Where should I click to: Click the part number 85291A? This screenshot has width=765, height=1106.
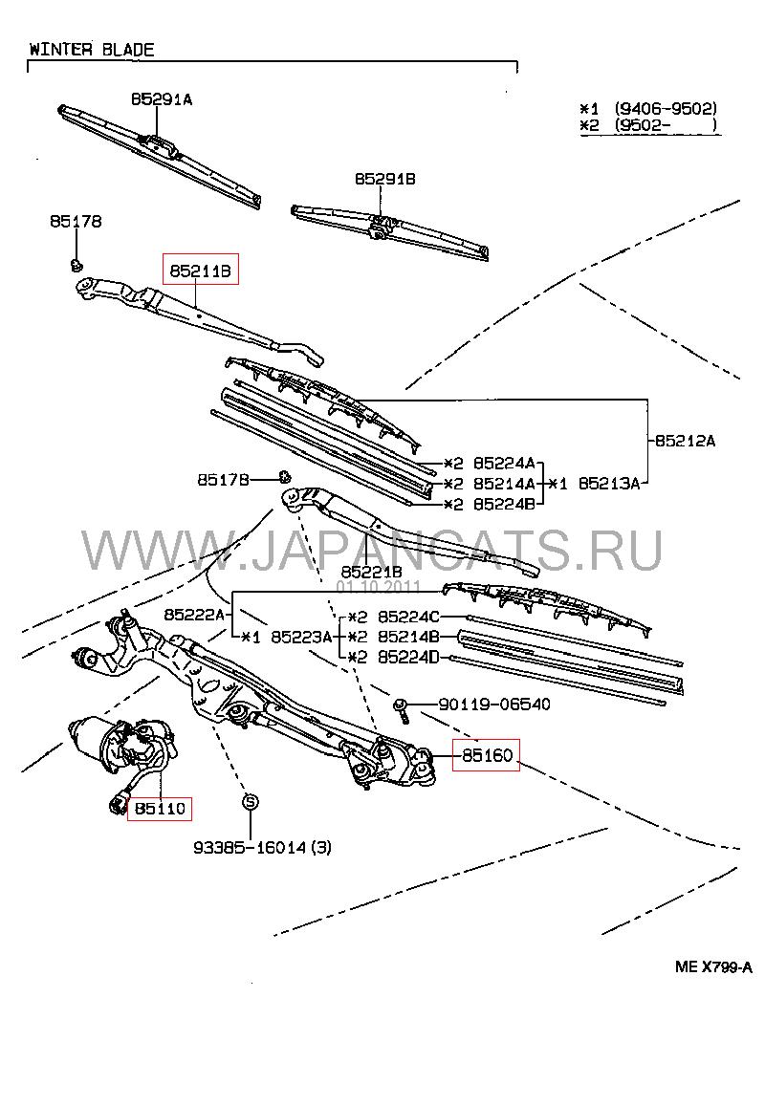[162, 98]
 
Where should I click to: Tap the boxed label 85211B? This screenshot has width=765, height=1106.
[201, 271]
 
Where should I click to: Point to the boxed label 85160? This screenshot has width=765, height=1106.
[487, 756]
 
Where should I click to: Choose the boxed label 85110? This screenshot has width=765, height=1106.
[160, 809]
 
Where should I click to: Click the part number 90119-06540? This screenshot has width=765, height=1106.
[494, 705]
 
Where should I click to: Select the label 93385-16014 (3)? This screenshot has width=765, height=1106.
[262, 846]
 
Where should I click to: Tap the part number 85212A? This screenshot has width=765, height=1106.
[686, 441]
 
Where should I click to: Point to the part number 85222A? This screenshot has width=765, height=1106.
[194, 614]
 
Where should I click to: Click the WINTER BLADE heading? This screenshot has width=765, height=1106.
[91, 50]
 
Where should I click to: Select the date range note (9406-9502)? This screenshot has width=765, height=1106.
[665, 109]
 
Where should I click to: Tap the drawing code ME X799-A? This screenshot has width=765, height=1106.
[713, 966]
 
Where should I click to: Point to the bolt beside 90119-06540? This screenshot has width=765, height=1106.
[403, 710]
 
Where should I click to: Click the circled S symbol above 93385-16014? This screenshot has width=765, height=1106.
[247, 801]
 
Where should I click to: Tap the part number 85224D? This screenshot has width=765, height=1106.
[408, 656]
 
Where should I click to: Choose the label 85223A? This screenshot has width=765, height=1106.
[301, 636]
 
